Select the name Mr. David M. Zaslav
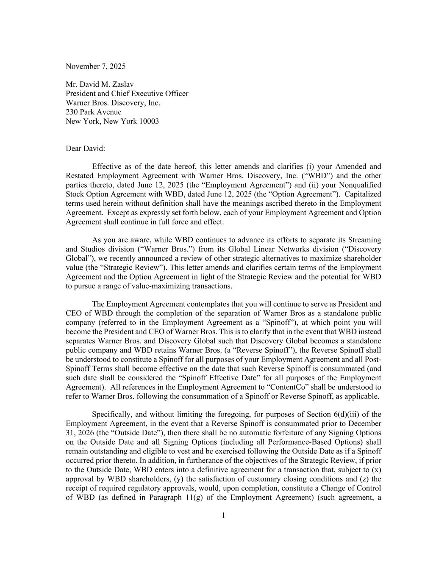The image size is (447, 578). (x=100, y=84)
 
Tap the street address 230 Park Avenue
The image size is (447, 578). (x=93, y=112)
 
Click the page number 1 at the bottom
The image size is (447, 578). (x=223, y=515)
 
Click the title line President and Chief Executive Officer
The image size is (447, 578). (x=127, y=94)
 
